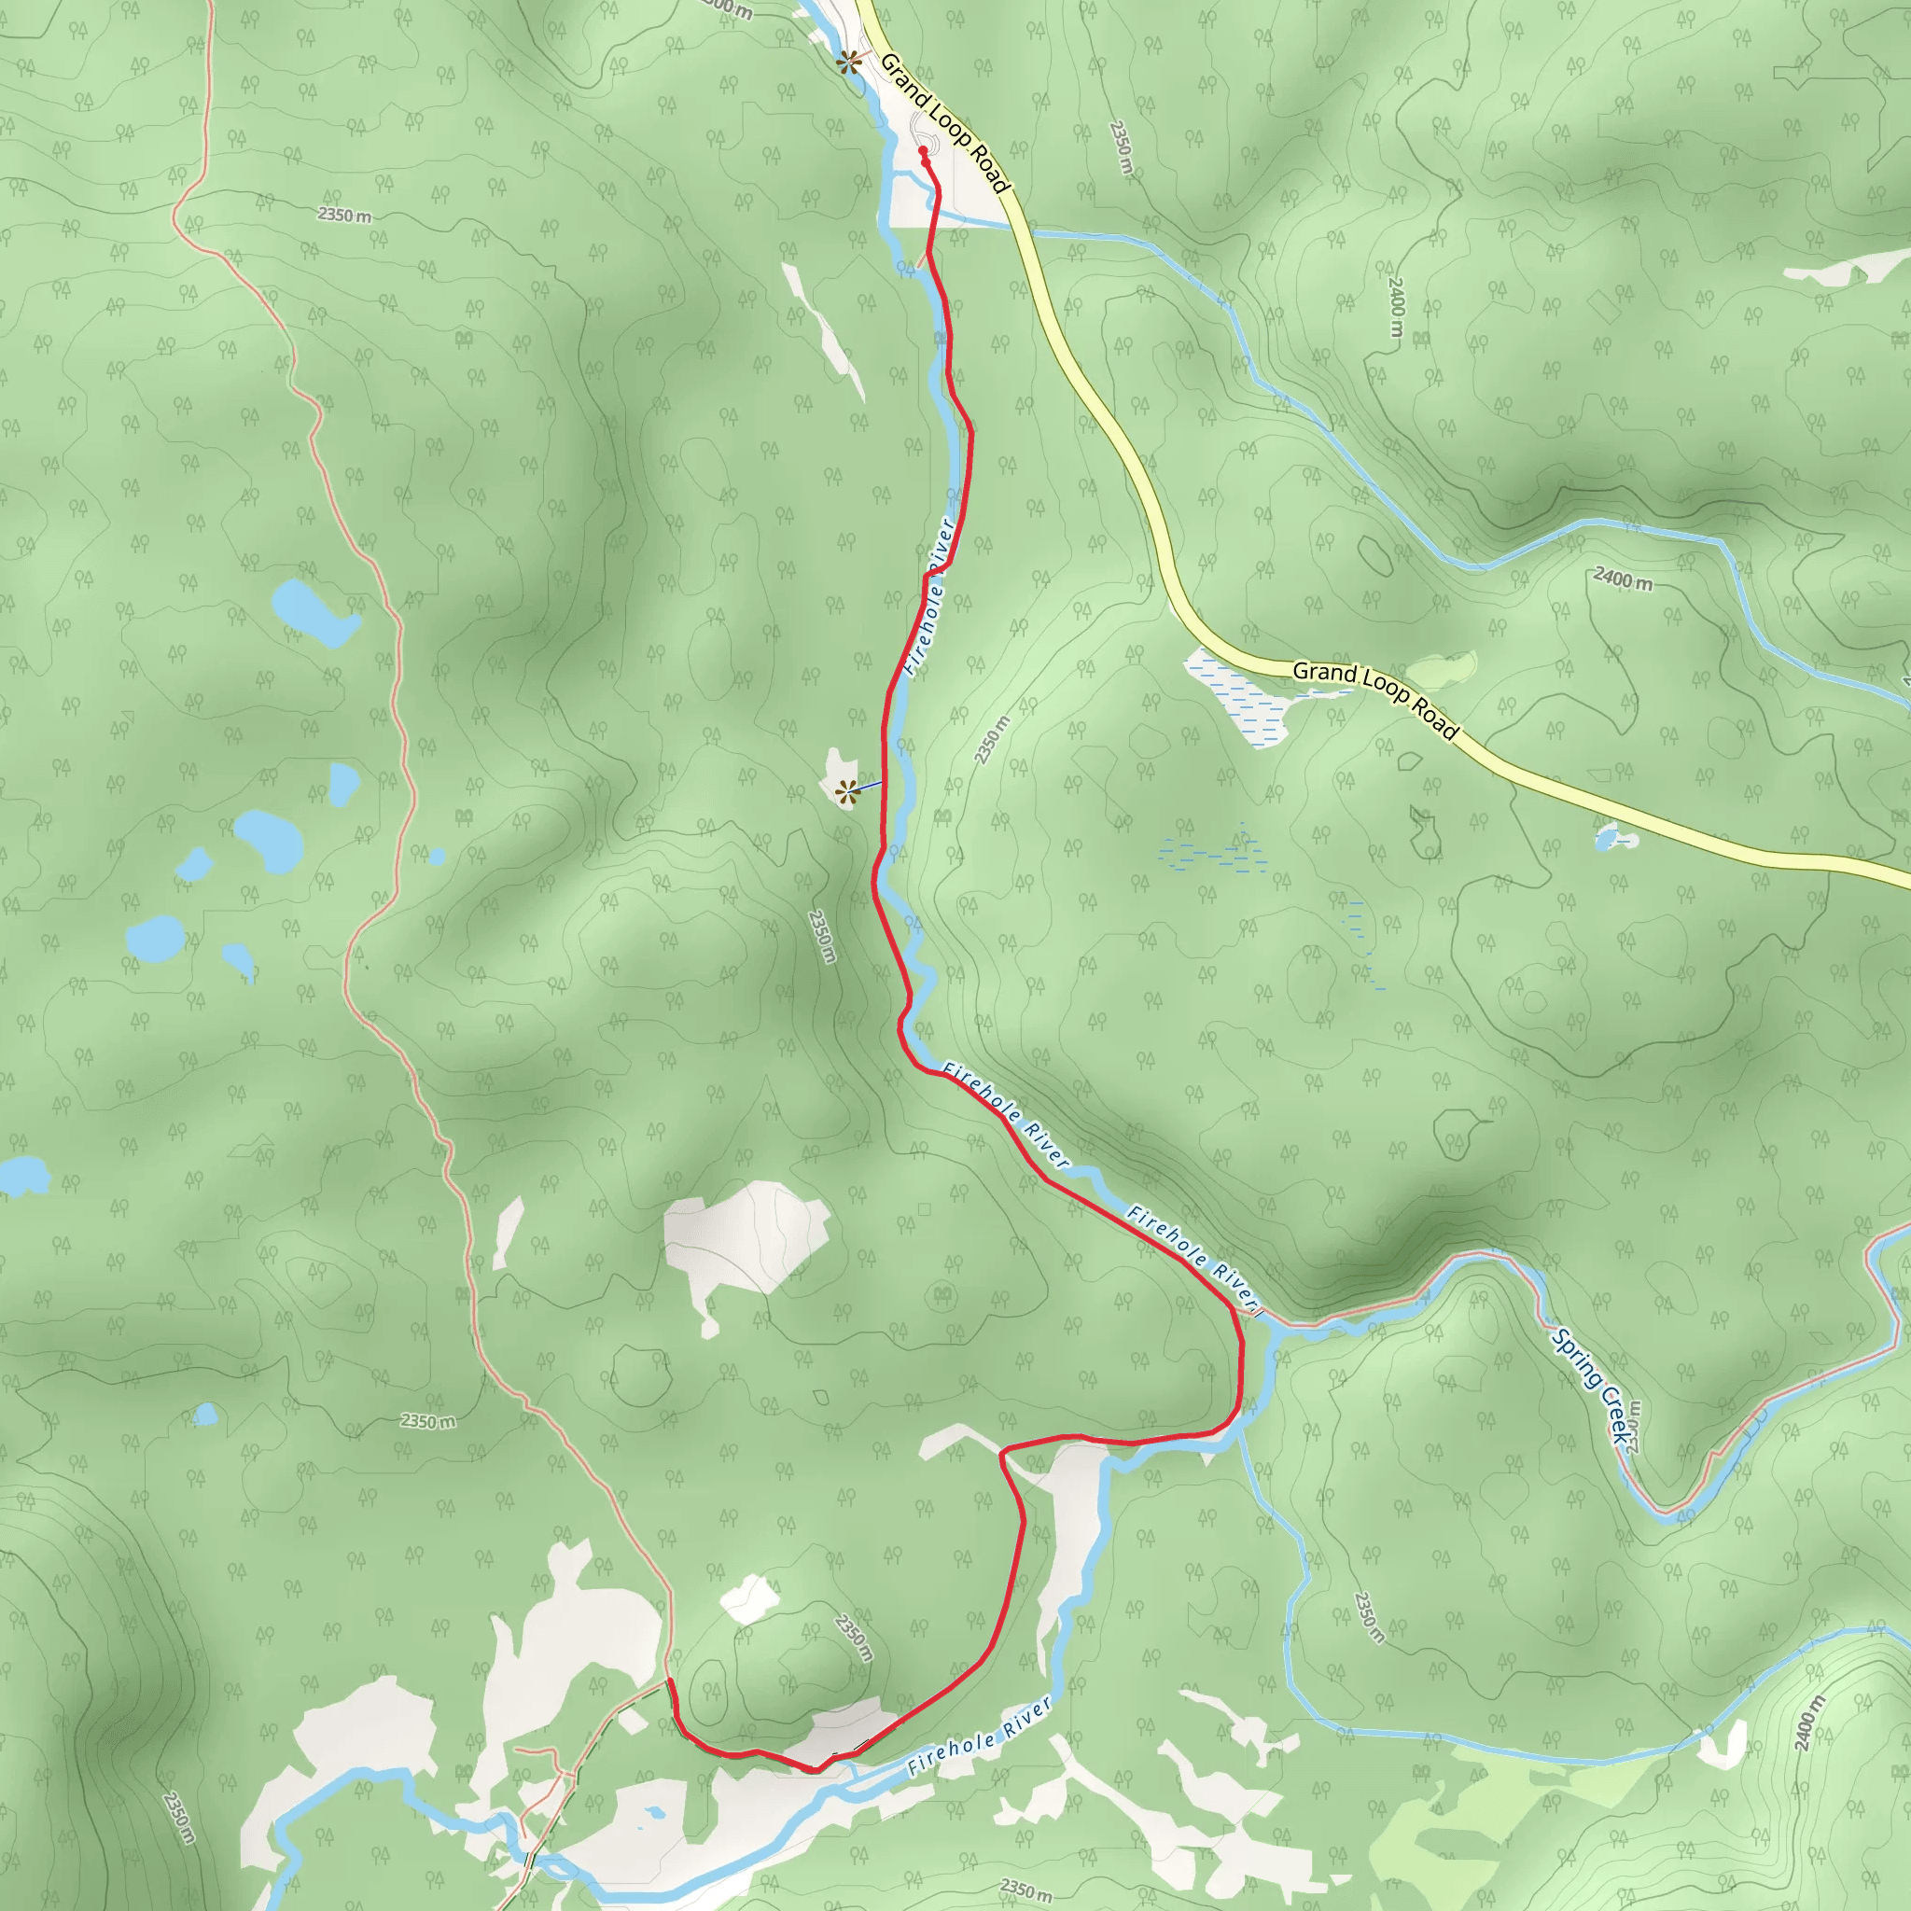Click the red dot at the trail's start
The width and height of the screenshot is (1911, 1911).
click(923, 150)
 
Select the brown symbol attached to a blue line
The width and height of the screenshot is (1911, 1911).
click(845, 790)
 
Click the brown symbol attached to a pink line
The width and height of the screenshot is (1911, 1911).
click(847, 63)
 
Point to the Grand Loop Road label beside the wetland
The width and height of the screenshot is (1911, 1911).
click(1374, 698)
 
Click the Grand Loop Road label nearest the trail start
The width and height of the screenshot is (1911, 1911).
click(943, 121)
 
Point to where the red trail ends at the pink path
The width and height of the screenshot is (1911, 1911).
click(670, 1681)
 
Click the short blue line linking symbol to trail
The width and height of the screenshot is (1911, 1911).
click(867, 787)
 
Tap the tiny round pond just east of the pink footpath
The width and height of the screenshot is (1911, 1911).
click(436, 857)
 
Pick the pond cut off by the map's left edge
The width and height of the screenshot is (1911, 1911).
click(21, 1174)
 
